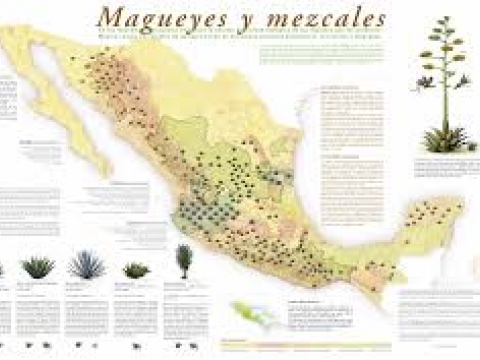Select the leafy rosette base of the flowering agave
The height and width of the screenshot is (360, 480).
pos(442,139)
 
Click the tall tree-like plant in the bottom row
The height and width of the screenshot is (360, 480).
pos(183,259)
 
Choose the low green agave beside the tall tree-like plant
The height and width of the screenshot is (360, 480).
pos(136,269)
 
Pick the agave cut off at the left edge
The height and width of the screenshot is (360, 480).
pos(3,269)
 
